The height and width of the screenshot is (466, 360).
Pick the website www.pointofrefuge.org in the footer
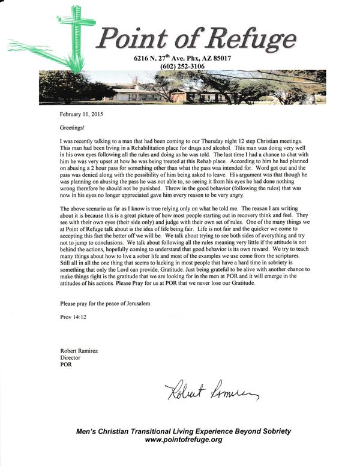(x=184, y=440)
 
